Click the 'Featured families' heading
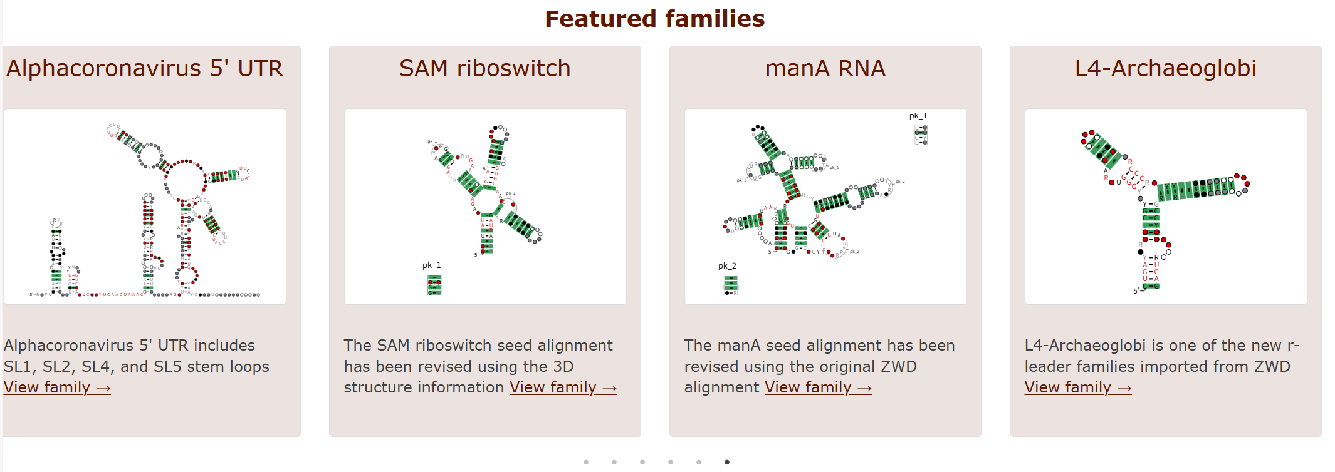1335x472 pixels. tap(654, 19)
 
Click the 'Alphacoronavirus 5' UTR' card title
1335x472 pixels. tap(145, 69)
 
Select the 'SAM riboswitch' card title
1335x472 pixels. tap(484, 69)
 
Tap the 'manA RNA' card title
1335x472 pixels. tap(825, 69)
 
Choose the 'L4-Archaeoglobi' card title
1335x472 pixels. tap(1165, 69)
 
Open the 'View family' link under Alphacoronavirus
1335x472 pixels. tap(57, 388)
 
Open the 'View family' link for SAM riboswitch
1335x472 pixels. tap(563, 388)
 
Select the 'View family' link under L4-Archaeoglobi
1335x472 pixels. tap(1077, 388)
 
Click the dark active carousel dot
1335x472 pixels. tap(726, 462)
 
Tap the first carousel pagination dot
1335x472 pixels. tap(586, 462)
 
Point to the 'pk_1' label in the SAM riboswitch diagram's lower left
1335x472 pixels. tap(431, 265)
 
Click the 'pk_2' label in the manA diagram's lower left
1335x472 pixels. tap(727, 266)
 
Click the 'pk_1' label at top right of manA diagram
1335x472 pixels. tap(918, 116)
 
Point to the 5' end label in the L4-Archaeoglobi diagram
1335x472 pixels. tap(1136, 291)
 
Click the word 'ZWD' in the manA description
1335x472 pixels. tap(899, 367)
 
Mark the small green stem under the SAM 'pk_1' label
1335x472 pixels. tap(434, 285)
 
